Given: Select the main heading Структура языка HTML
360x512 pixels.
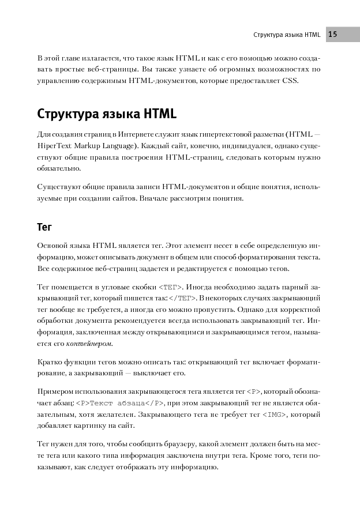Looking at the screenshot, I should [x=107, y=112].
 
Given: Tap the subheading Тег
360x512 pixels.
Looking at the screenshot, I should [x=44, y=227].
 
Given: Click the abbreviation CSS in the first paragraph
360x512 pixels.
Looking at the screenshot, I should [x=290, y=80].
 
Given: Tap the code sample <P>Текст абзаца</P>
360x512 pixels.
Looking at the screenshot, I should [x=121, y=402].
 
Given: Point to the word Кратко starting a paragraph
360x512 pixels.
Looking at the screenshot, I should [x=49, y=362].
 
